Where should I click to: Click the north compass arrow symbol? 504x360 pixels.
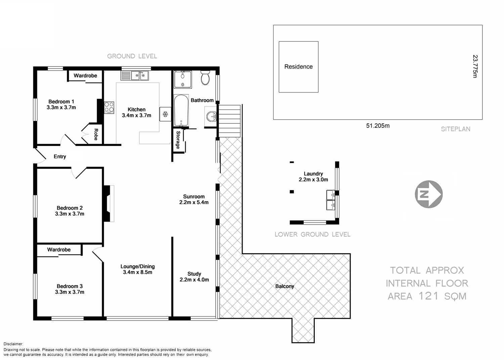tap(429, 194)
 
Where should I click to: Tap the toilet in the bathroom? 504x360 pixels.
tap(205, 78)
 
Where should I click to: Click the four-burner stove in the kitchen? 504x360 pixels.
tap(109, 108)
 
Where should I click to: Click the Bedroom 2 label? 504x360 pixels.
tap(70, 208)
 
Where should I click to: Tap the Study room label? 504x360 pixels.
tap(194, 274)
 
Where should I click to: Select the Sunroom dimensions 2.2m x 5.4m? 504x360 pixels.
tap(194, 202)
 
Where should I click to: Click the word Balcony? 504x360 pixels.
tap(285, 286)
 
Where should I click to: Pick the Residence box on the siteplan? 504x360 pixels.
tap(298, 67)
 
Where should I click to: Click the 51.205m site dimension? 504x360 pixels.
tap(378, 126)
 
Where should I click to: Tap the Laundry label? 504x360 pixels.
tap(313, 174)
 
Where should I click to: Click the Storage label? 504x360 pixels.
tap(178, 140)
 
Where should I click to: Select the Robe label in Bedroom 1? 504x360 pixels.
tap(96, 134)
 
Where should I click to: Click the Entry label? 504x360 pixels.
tap(60, 157)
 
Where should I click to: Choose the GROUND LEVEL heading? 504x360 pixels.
tap(132, 56)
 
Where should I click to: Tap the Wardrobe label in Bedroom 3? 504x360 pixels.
tap(59, 250)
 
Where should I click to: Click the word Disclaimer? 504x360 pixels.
tap(13, 344)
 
